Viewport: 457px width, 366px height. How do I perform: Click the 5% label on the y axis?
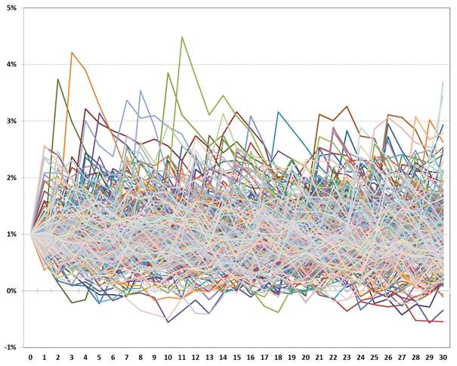(12, 8)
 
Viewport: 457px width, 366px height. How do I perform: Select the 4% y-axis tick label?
(12, 65)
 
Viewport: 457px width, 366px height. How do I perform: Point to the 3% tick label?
(12, 121)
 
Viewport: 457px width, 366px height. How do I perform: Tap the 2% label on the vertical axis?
(12, 178)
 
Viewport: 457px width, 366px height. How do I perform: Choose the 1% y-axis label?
(12, 234)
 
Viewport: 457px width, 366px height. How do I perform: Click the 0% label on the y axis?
(12, 291)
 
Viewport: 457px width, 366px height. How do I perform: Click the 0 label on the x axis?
(30, 357)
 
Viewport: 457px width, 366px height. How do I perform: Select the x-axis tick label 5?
(99, 357)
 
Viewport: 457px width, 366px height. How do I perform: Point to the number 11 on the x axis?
(182, 357)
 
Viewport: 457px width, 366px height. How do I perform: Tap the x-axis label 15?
(237, 357)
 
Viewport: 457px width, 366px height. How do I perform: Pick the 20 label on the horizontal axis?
(306, 357)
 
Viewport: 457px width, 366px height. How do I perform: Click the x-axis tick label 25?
(375, 357)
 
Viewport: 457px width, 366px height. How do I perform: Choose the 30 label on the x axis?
(443, 357)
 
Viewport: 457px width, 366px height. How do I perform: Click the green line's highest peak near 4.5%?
(182, 37)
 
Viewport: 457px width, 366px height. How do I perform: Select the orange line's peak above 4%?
(72, 52)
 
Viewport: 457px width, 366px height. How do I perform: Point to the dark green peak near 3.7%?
(58, 79)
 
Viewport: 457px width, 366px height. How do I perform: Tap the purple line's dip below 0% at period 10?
(168, 322)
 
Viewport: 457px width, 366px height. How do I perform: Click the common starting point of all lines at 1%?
(31, 234)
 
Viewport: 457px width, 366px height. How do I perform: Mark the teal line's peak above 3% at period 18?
(278, 112)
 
